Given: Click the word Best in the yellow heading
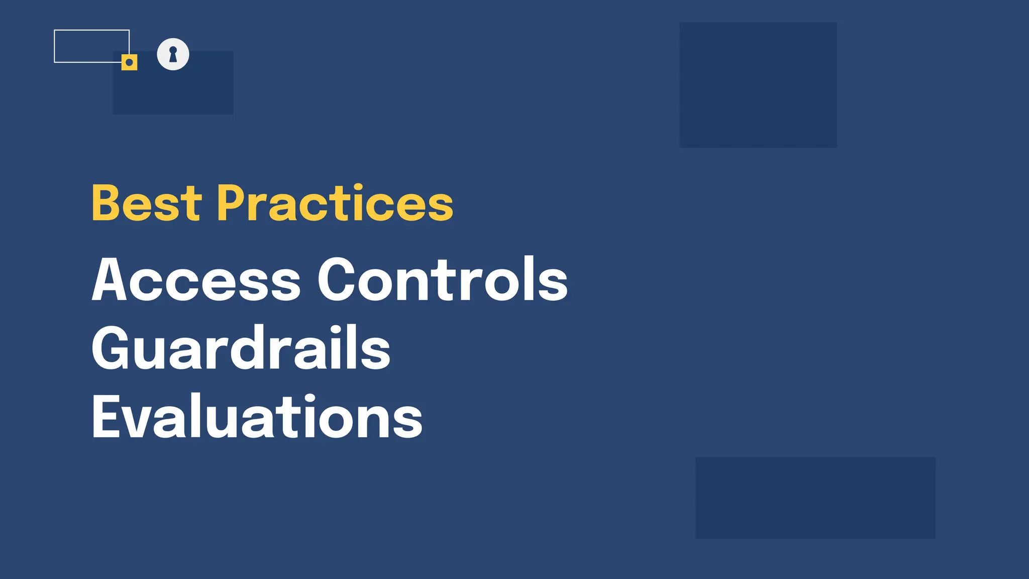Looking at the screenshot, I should [x=146, y=203].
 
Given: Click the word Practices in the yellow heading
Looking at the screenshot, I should [x=335, y=203].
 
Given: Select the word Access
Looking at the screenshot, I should [x=196, y=279].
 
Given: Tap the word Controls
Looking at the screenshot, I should [x=442, y=279].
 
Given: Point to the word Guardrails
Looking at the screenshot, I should [x=241, y=348].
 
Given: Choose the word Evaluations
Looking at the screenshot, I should [x=257, y=417].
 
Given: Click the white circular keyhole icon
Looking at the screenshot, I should [x=173, y=54].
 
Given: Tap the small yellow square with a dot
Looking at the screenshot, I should [x=129, y=62].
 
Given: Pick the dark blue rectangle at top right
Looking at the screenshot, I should [x=758, y=84].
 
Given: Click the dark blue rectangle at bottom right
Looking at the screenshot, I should [x=815, y=498].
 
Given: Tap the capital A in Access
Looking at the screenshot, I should [x=109, y=279].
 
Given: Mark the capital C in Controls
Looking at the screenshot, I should [x=336, y=279].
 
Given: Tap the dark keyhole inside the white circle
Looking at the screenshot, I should [x=173, y=54].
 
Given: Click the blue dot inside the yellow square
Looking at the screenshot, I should [x=129, y=62].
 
